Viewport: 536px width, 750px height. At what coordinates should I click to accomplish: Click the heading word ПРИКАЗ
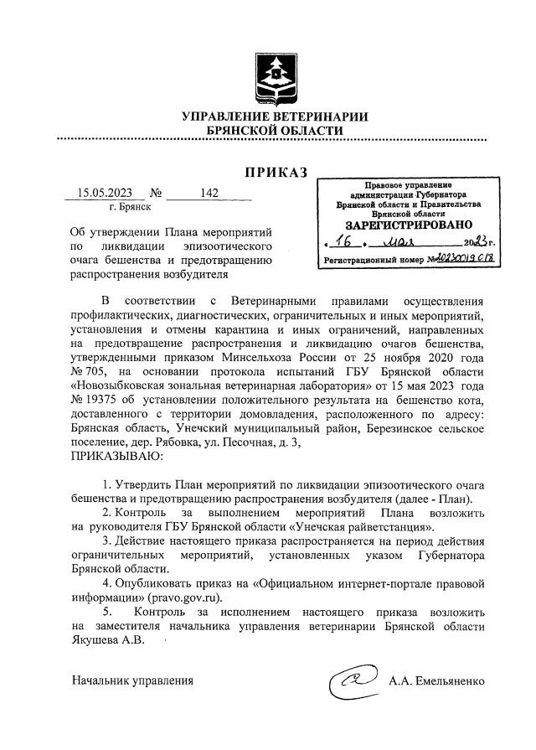276,173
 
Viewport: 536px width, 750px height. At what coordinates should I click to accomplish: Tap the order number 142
209,194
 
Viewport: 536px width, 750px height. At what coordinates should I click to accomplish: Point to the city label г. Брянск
130,206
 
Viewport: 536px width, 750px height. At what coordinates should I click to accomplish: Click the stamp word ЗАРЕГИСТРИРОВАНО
409,225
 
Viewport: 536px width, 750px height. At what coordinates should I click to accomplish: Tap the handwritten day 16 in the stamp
340,241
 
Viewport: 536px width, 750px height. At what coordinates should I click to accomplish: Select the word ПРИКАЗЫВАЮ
119,458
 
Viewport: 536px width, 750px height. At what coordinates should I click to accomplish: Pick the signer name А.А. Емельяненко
435,680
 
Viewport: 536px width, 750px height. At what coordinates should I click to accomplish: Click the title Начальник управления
132,680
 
